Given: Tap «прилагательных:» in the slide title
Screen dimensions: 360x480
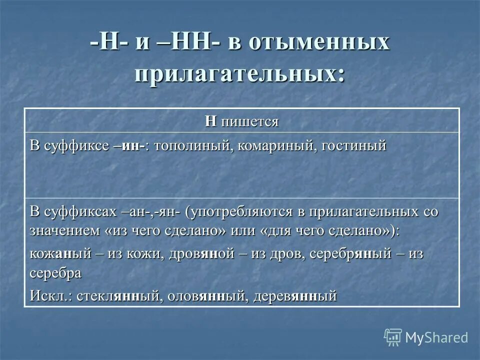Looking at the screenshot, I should (x=239, y=73).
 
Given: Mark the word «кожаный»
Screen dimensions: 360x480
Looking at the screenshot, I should (x=60, y=253).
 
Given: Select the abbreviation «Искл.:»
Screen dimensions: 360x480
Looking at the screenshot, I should (x=50, y=295).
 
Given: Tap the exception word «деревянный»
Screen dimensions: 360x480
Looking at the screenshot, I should (x=295, y=295).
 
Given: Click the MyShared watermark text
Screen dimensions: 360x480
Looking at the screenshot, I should (x=436, y=337).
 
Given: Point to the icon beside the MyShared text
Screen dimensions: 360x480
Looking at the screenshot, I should (x=393, y=337).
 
